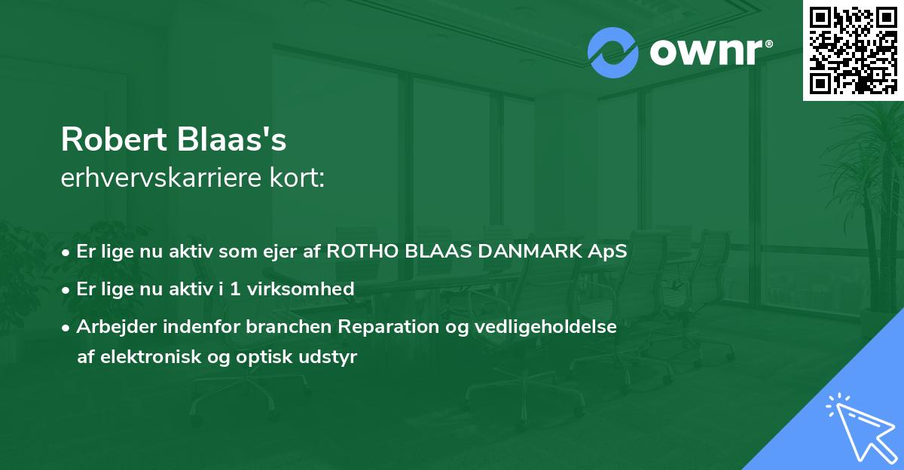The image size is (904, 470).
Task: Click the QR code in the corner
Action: click(x=853, y=50)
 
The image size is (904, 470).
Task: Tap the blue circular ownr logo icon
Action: click(x=612, y=52)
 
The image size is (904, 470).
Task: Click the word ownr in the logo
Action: click(x=704, y=53)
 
